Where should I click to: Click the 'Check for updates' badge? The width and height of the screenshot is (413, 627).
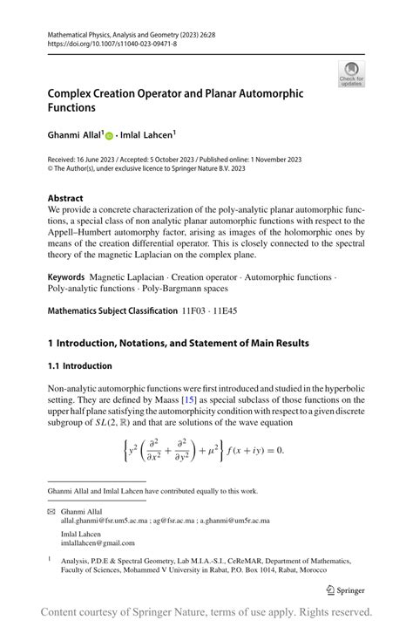click(350, 73)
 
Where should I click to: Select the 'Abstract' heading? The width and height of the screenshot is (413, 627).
click(66, 198)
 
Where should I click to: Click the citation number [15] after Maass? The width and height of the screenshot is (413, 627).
click(203, 399)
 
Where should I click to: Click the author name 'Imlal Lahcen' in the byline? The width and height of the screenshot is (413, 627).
click(148, 135)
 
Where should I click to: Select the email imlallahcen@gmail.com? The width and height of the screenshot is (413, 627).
click(98, 543)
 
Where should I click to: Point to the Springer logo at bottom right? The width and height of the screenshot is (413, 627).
click(346, 590)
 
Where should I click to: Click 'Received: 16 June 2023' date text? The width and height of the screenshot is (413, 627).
click(87, 161)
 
